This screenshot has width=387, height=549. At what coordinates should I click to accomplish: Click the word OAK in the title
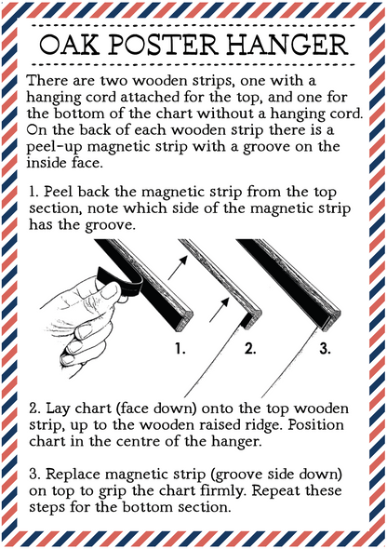tap(69, 45)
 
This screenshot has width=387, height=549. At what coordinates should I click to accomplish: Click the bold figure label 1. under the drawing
tap(180, 348)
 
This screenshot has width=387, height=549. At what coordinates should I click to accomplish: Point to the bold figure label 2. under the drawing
tap(250, 348)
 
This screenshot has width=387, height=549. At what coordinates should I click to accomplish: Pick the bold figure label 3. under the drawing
tap(325, 348)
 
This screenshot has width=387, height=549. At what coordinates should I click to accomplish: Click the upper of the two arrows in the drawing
tap(178, 267)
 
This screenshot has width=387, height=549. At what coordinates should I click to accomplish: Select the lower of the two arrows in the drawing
tap(220, 309)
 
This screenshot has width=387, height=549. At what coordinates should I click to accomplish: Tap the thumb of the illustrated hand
tap(108, 293)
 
